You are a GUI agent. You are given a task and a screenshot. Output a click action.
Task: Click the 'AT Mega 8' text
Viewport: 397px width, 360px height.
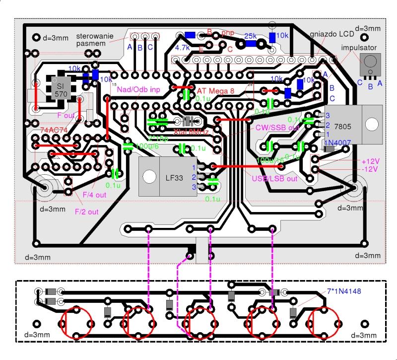pos(216,91)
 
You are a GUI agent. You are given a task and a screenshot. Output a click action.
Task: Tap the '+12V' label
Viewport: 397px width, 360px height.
pos(370,161)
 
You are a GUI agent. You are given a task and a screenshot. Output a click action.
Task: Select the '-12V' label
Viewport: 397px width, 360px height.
pos(370,169)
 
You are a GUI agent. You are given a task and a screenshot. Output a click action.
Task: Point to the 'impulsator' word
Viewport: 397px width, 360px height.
pos(359,48)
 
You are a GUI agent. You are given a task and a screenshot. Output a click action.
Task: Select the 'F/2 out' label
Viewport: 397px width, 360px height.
pos(86,212)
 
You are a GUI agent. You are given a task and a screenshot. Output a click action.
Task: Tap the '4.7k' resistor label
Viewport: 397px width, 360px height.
pos(183,48)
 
